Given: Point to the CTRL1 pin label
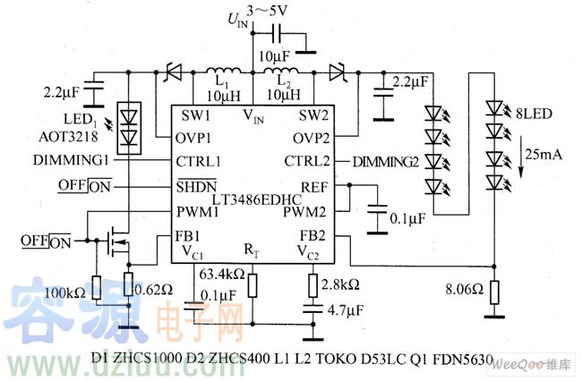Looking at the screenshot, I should pos(201,161).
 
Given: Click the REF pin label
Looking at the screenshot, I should pos(315,187).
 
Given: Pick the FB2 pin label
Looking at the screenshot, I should pos(313,236).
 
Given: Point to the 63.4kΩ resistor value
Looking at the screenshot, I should pos(224,274).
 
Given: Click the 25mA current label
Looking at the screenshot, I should pos(541,155).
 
